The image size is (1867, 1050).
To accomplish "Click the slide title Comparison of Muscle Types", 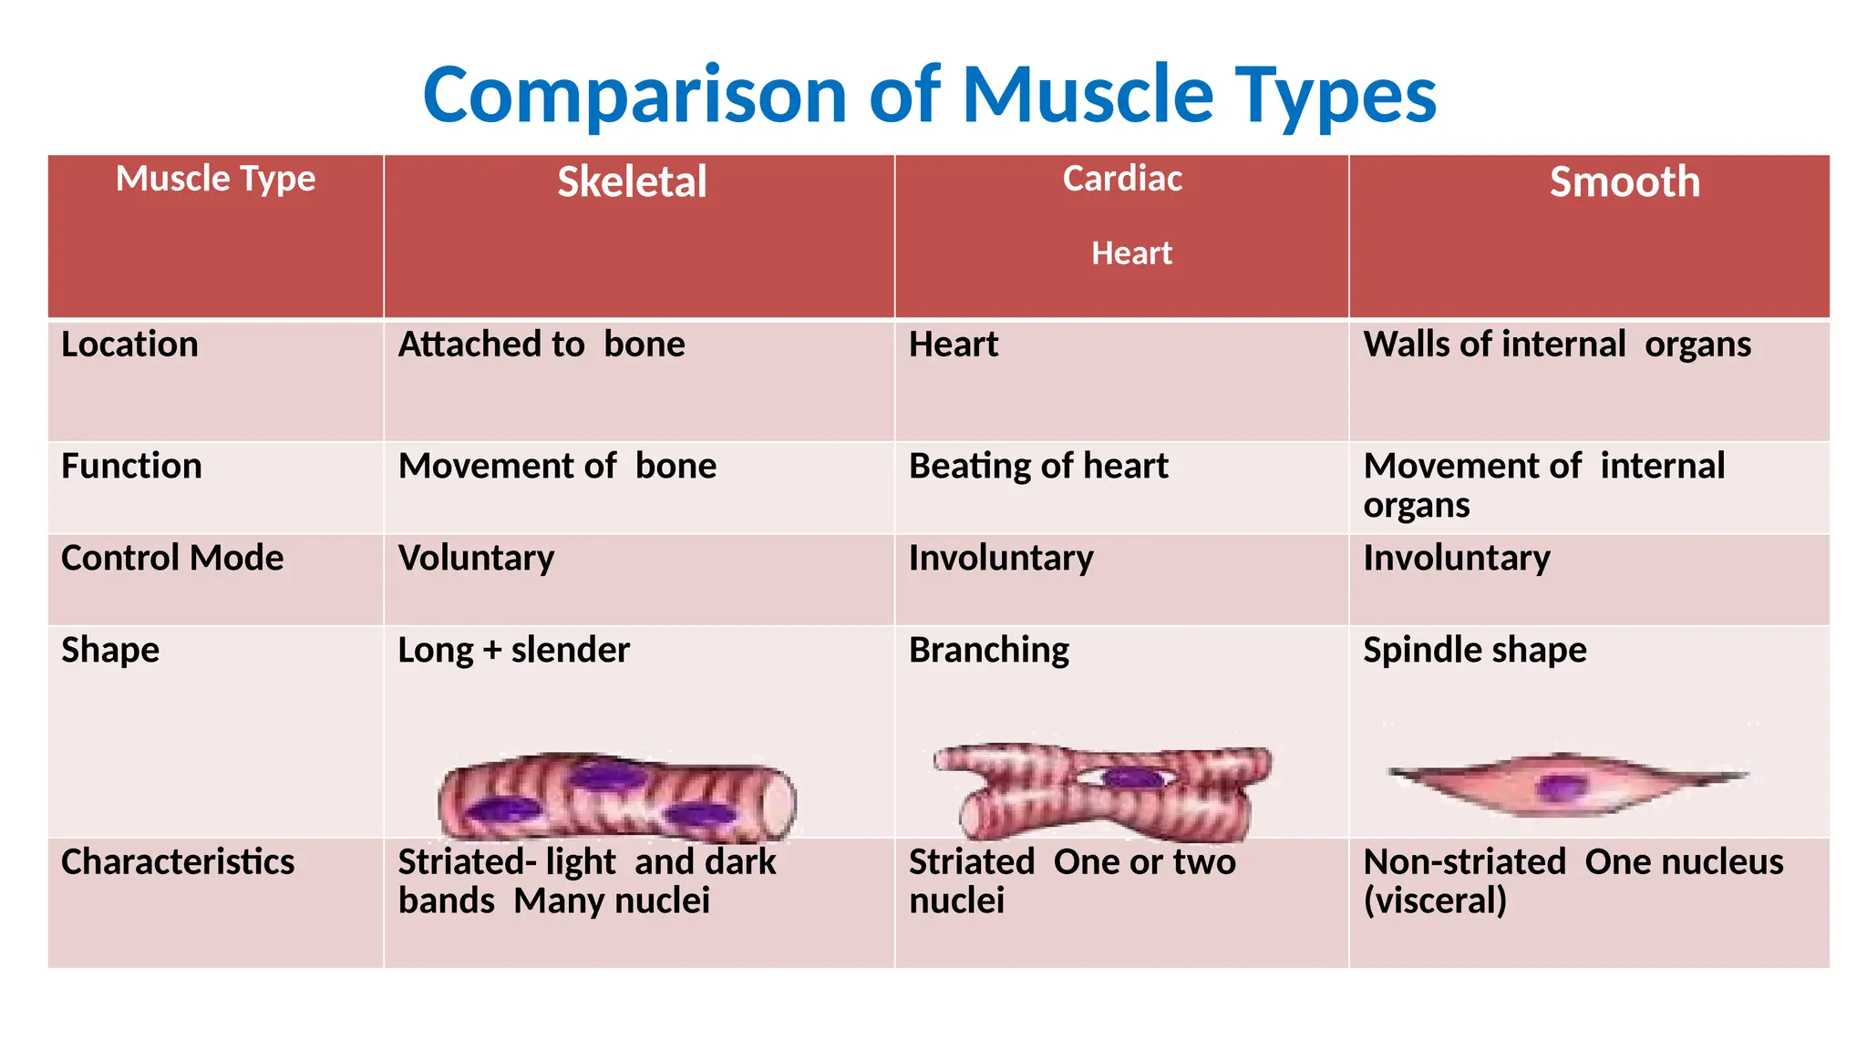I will click(930, 95).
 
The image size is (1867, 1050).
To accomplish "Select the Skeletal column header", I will click(632, 182).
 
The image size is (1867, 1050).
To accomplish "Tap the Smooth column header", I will click(1625, 182).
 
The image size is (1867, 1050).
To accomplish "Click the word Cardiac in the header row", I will click(1122, 179).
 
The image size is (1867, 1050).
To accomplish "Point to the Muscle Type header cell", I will click(215, 179).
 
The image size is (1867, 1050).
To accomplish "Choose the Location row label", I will click(129, 345).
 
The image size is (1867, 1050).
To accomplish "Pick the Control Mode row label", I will click(172, 558).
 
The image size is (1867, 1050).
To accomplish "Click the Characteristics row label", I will click(178, 862).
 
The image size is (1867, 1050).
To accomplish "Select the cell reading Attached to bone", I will click(542, 345).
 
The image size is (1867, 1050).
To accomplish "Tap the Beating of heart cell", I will click(1038, 467).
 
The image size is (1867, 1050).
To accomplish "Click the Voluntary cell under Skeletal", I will click(476, 558).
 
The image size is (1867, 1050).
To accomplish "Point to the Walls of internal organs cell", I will click(1557, 345).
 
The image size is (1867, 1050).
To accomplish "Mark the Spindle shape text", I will click(1474, 650).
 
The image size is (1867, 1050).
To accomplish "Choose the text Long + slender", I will click(513, 650).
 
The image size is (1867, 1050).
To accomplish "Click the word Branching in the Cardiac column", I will click(989, 650).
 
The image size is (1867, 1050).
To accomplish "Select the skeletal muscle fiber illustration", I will click(616, 797).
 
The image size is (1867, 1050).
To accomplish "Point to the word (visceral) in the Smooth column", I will click(1435, 901).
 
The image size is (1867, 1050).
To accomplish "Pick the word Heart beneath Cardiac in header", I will click(1131, 253).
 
